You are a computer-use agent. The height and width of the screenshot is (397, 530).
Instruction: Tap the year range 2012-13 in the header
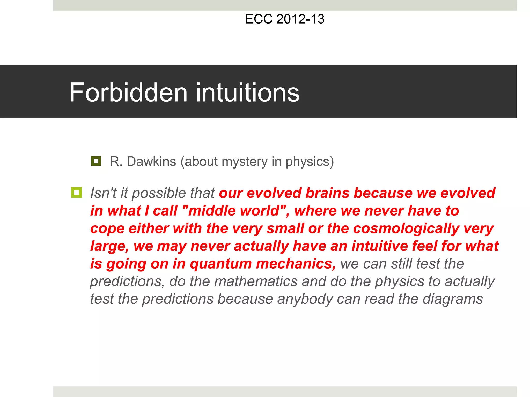[300, 19]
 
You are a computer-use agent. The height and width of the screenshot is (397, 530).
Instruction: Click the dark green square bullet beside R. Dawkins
[96, 161]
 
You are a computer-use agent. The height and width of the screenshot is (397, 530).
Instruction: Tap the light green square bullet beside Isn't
[76, 193]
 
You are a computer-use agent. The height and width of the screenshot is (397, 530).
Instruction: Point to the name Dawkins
[151, 162]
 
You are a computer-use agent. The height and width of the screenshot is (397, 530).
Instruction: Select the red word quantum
[221, 264]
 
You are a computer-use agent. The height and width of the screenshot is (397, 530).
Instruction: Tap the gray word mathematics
[256, 281]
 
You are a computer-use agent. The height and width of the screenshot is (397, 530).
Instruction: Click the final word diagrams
[453, 299]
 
